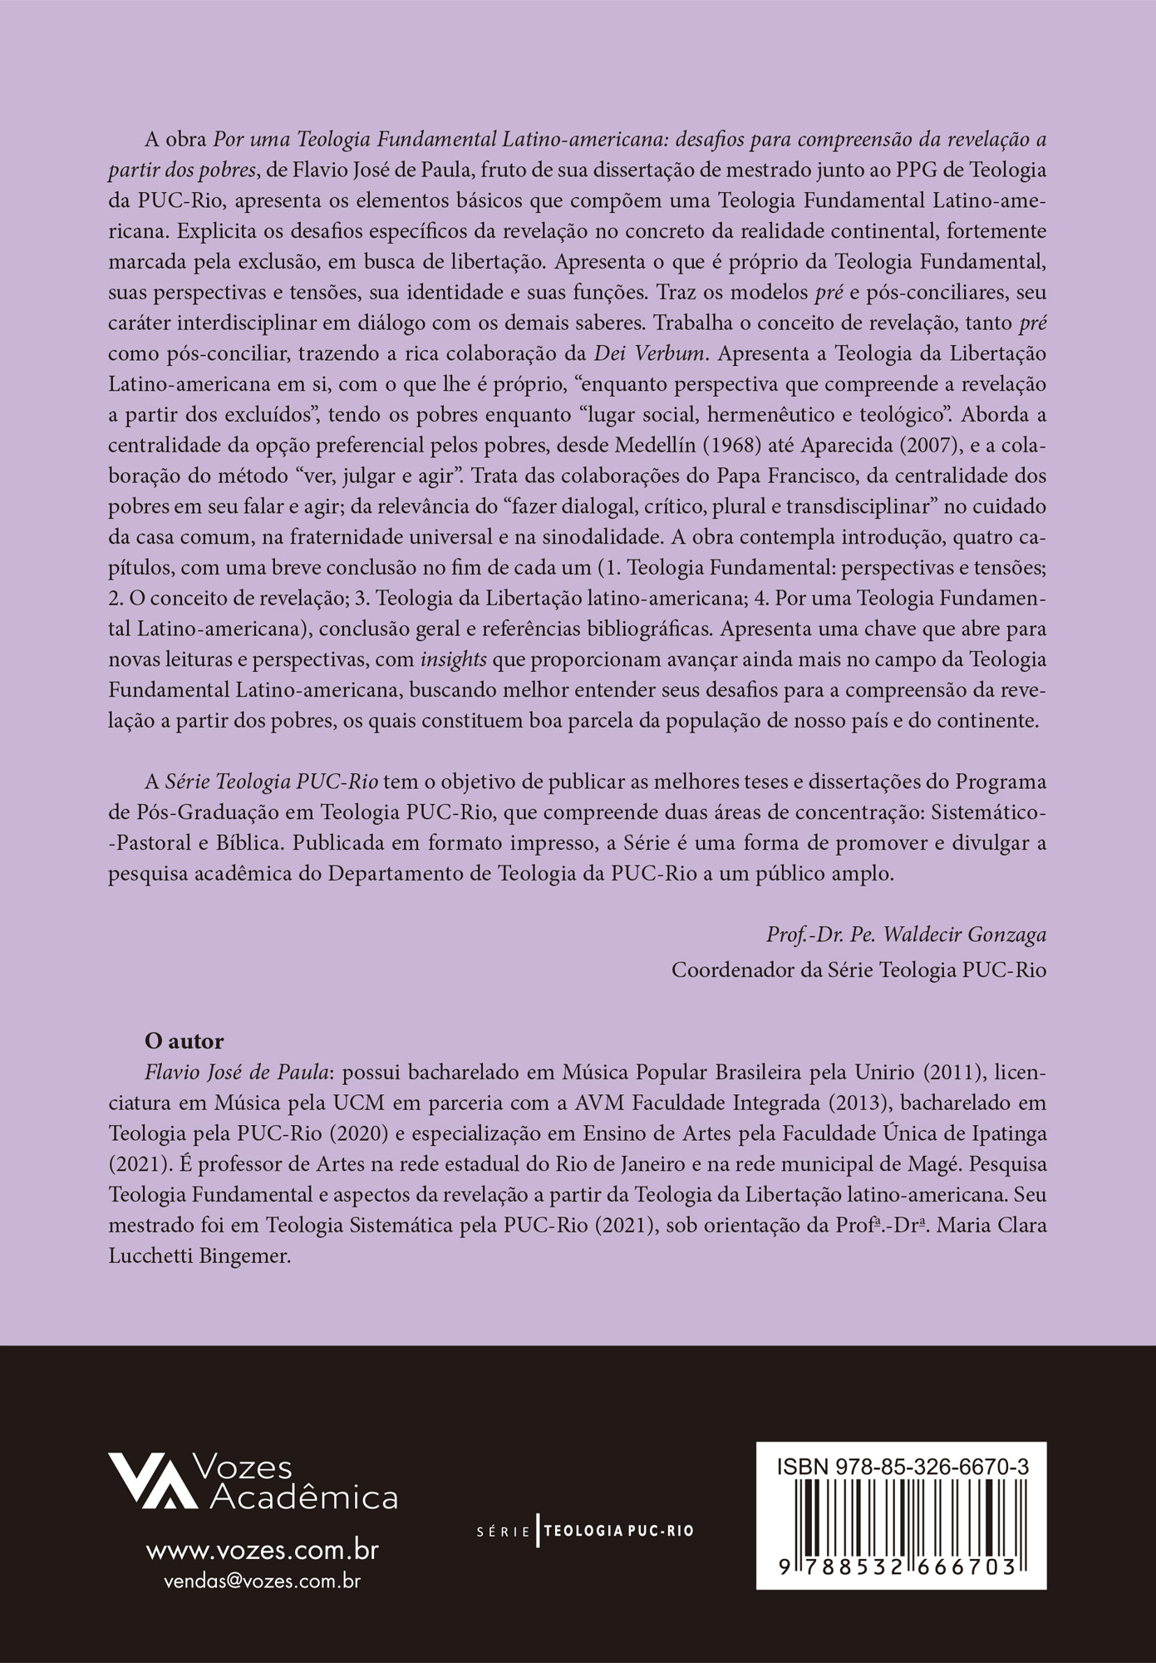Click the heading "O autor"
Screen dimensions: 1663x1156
point(184,1041)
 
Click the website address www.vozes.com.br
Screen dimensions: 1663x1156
point(263,1550)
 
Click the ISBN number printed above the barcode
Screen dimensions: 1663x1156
point(903,1468)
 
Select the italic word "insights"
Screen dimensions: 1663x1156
point(454,660)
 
